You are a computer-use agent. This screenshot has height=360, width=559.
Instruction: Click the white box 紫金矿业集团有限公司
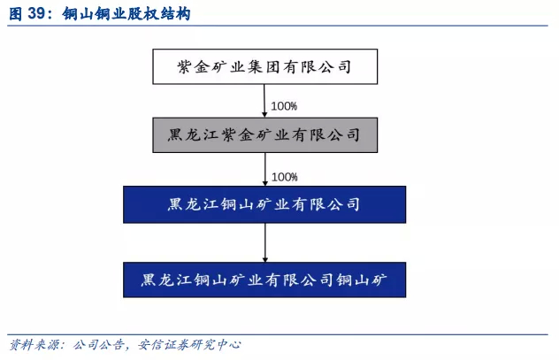264,66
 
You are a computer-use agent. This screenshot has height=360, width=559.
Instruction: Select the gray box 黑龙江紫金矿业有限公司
264,135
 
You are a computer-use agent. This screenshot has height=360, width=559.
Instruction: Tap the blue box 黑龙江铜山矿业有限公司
264,204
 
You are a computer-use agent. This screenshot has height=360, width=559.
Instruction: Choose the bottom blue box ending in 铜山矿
264,280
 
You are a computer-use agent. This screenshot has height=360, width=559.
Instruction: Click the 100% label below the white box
284,106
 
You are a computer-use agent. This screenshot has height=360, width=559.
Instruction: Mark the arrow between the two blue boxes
265,241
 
